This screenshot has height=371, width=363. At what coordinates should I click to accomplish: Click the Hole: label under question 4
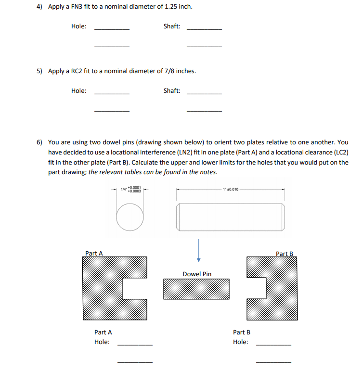click(79, 26)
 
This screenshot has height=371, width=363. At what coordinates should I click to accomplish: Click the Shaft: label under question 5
click(172, 90)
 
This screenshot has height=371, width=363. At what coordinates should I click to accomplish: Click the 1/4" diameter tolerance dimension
click(130, 190)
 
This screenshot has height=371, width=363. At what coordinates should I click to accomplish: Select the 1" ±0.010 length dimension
click(230, 190)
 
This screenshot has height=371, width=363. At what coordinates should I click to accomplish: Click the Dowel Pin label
click(197, 274)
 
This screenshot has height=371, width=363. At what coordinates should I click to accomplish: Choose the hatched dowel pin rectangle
click(196, 289)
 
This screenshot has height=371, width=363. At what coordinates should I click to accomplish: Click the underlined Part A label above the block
click(94, 253)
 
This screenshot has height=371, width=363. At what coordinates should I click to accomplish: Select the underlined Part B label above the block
click(285, 253)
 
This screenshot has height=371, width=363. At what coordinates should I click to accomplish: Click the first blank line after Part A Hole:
click(135, 345)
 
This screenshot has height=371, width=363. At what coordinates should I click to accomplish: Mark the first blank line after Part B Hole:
click(273, 345)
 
